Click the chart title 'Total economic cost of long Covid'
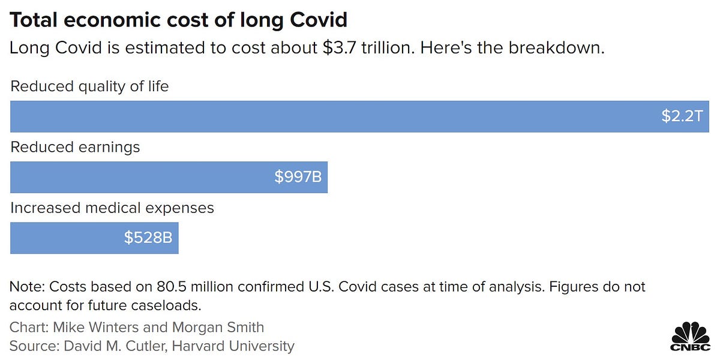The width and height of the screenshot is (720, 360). click(178, 20)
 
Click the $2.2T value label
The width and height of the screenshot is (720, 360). click(682, 116)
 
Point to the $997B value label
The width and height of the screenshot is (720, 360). click(298, 177)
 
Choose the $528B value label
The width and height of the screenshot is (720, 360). click(148, 238)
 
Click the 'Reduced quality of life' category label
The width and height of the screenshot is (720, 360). click(89, 86)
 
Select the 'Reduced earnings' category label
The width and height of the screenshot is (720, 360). click(75, 147)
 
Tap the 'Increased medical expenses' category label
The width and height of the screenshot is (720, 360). click(112, 208)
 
